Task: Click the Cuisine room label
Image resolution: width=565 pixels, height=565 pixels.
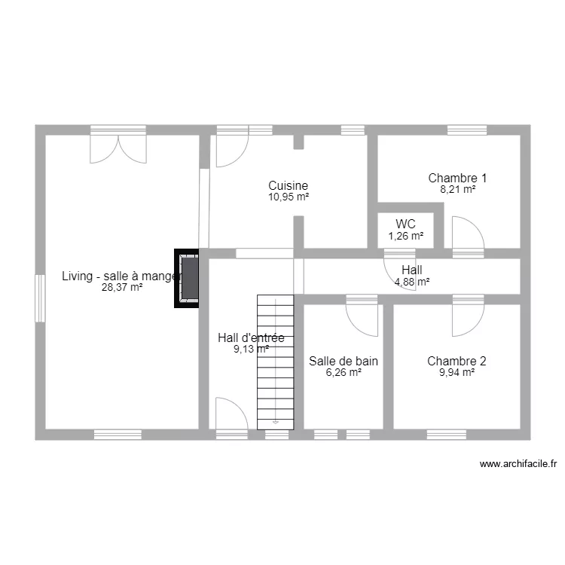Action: click(x=288, y=185)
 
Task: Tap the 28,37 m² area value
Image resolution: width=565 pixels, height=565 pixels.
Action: click(x=122, y=287)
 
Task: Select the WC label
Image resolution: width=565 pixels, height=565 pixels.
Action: click(x=405, y=224)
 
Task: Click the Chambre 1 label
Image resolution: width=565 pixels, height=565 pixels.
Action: click(x=457, y=179)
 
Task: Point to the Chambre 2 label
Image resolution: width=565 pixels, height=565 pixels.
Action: click(x=457, y=361)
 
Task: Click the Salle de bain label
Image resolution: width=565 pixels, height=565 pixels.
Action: click(x=344, y=361)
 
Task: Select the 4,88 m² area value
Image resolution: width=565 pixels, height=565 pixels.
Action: click(x=412, y=282)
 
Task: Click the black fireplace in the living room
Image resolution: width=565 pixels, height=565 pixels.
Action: click(x=188, y=279)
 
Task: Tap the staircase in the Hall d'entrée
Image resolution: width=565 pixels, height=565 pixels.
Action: click(x=274, y=362)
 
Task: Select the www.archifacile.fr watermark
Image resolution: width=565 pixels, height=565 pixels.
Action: click(x=518, y=465)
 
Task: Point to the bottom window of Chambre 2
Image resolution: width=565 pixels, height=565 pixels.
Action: click(x=446, y=435)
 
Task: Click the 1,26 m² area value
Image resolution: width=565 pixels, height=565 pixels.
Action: click(x=405, y=236)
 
